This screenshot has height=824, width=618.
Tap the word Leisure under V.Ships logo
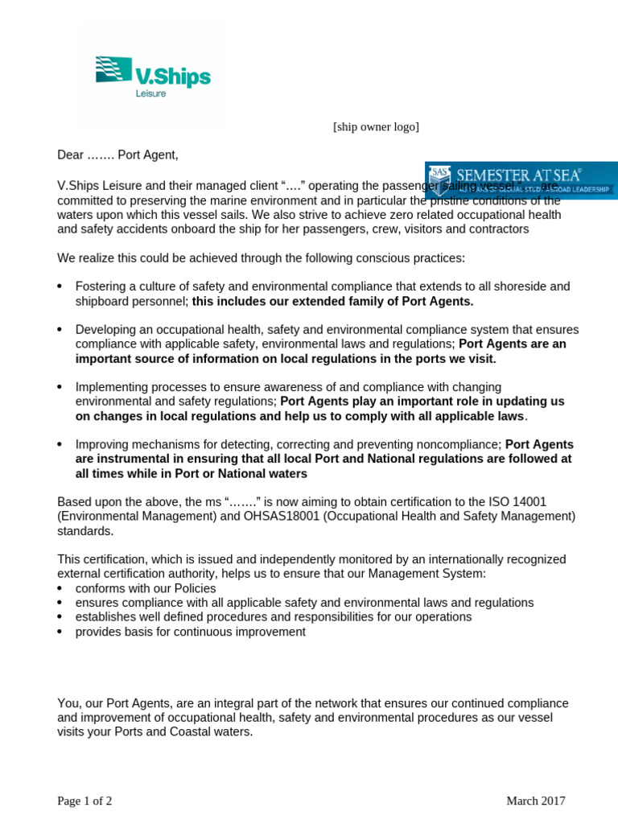click(150, 93)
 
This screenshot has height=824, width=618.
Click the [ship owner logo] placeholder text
click(376, 127)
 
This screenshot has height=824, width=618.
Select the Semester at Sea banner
click(521, 180)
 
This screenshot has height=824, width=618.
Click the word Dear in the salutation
click(70, 154)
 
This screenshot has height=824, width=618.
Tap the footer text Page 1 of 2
click(84, 801)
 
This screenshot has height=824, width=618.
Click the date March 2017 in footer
click(535, 801)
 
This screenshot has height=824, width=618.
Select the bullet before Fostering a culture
click(60, 287)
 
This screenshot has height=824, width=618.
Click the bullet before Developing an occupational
click(60, 331)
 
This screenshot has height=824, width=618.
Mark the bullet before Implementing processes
click(60, 388)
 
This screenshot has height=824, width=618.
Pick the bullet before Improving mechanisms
click(60, 445)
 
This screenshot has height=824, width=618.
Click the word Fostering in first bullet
click(99, 286)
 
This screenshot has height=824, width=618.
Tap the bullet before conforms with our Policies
click(60, 589)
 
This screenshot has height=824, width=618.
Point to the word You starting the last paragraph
click(67, 703)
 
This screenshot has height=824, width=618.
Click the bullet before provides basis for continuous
click(60, 632)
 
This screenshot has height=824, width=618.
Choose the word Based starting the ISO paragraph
click(73, 502)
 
